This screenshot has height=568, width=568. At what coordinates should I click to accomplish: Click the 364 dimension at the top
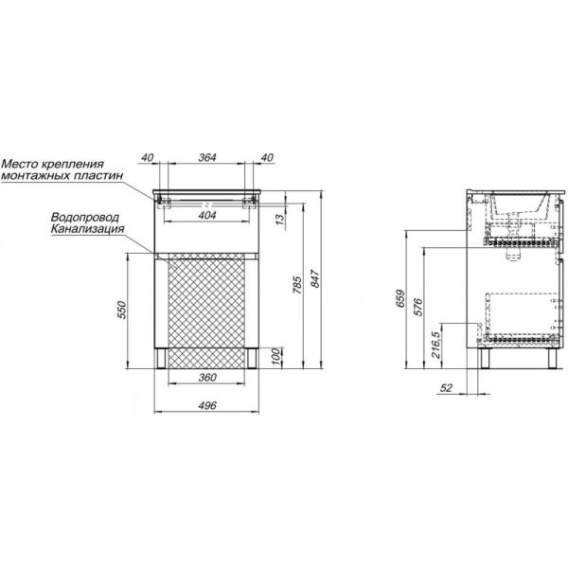click(207, 157)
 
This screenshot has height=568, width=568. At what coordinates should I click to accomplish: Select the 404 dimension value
click(207, 215)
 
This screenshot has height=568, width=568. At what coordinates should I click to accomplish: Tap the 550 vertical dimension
click(122, 310)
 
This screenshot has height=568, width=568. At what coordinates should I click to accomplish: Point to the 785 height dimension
click(296, 285)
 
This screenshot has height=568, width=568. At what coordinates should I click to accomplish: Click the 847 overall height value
click(315, 278)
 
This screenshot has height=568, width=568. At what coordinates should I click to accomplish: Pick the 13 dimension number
click(281, 219)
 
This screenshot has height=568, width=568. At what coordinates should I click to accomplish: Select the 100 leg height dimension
click(276, 356)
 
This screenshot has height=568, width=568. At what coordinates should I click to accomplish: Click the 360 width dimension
click(207, 378)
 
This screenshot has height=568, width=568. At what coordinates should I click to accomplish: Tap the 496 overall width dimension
click(207, 405)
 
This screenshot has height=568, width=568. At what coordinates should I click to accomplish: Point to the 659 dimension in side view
click(400, 298)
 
